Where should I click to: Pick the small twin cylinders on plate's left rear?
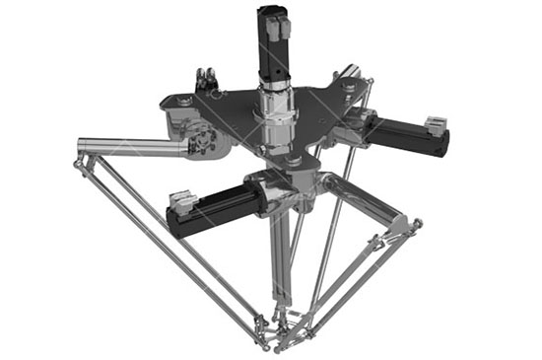click(x=206, y=78)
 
